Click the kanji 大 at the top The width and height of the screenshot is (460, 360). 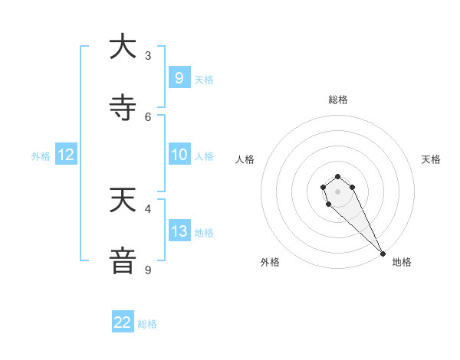tap(123, 47)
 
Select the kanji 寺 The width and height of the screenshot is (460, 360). tap(123, 108)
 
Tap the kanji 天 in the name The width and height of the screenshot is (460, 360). tap(123, 200)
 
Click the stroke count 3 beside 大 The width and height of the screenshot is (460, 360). tap(148, 55)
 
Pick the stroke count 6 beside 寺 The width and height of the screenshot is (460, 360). tap(148, 116)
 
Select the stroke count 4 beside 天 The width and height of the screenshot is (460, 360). tap(148, 208)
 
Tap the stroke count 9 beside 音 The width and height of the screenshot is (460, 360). tap(148, 270)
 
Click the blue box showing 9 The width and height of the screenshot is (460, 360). tap(179, 78)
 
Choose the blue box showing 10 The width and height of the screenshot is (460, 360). tap(179, 155)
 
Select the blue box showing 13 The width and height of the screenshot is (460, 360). tap(179, 231)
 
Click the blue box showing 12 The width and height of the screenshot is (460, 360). tap(66, 155)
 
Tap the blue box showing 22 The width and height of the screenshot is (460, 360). tap(123, 322)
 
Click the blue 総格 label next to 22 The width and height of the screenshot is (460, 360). tap(147, 324)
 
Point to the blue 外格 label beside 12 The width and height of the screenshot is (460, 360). tap(41, 156)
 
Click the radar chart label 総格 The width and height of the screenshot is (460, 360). tap(337, 100)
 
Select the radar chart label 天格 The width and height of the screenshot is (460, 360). tap(431, 159)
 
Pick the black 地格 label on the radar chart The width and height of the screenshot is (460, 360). tap(402, 263)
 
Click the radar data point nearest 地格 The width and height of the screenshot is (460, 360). tap(383, 254)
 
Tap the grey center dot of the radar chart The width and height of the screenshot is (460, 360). tap(337, 191)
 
